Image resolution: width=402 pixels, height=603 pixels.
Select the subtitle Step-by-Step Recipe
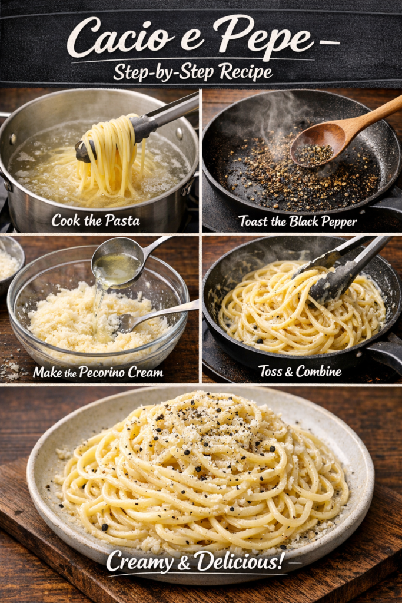(193, 72)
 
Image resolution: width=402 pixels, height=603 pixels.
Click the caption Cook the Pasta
(95, 220)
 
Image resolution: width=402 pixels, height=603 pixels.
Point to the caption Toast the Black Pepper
(297, 221)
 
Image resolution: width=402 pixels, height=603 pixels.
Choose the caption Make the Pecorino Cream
(98, 372)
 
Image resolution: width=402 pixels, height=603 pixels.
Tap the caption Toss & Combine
(300, 371)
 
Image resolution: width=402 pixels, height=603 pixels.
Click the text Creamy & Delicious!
(195, 561)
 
